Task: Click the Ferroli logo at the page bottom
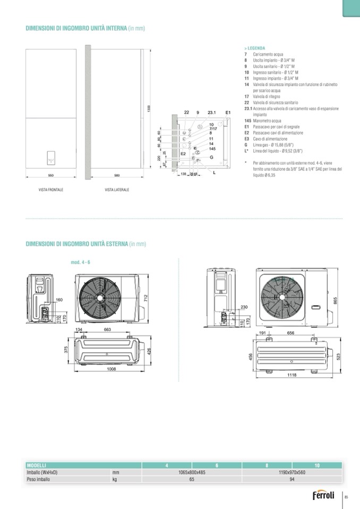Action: click(323, 497)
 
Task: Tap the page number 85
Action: click(346, 497)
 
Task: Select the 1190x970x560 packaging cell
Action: click(292, 472)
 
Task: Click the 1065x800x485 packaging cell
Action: click(192, 472)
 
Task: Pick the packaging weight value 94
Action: click(292, 478)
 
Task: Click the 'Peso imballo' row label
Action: click(38, 478)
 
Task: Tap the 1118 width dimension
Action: click(292, 375)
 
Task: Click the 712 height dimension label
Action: click(145, 298)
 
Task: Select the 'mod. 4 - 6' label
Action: click(80, 262)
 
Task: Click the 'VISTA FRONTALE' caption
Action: click(50, 189)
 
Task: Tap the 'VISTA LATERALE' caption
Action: click(117, 189)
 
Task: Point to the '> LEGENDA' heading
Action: click(254, 48)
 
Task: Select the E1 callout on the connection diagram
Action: click(228, 113)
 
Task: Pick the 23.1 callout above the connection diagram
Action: click(211, 113)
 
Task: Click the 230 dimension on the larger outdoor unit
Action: click(244, 307)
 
